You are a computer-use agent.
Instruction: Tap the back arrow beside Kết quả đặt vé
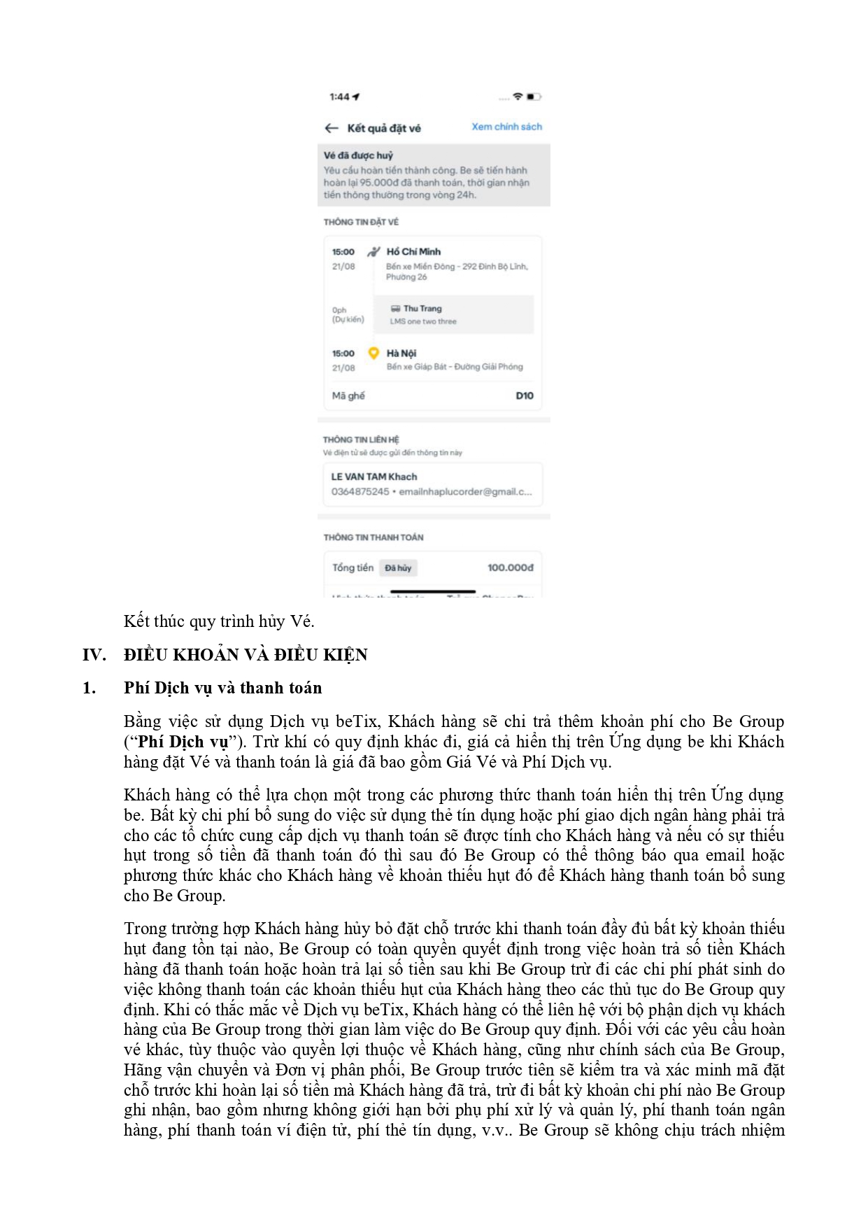point(332,128)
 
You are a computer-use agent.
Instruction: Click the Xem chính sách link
point(506,127)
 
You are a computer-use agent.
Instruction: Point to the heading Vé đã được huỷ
point(358,155)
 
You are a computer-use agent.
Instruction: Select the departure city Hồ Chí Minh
point(413,251)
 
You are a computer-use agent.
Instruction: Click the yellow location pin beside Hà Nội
point(373,353)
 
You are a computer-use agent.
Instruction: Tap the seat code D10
point(524,395)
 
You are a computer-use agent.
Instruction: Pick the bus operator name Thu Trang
point(422,309)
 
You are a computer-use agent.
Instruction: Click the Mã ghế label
point(348,395)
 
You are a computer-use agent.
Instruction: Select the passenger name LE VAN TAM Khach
point(373,477)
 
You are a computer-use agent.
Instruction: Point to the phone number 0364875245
point(360,492)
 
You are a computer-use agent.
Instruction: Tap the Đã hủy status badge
point(398,568)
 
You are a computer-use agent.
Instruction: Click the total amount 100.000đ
point(510,567)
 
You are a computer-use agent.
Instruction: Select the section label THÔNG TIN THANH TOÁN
point(373,537)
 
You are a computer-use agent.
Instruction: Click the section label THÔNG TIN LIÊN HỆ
point(361,439)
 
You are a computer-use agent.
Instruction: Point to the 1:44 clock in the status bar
point(340,97)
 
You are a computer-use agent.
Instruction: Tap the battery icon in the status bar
point(534,97)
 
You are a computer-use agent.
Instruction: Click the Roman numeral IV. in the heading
point(94,655)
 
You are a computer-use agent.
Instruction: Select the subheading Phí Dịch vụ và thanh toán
point(222,688)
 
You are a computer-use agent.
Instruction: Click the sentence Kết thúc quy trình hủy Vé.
point(219,621)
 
